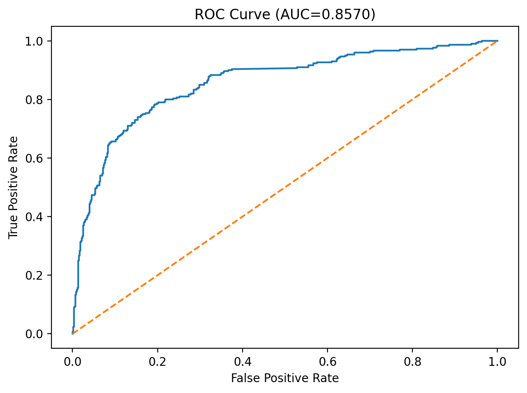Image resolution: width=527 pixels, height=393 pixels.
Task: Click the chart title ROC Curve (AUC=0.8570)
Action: click(285, 15)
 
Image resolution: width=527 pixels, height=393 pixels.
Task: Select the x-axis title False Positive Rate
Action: click(285, 378)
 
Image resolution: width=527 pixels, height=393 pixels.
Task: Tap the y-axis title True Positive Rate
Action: click(13, 187)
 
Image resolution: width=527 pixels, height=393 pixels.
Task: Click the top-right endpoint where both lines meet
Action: click(497, 41)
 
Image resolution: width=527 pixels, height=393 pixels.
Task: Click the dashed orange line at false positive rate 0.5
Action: click(285, 187)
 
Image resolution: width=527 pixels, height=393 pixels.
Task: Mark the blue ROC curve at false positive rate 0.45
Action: click(263, 68)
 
